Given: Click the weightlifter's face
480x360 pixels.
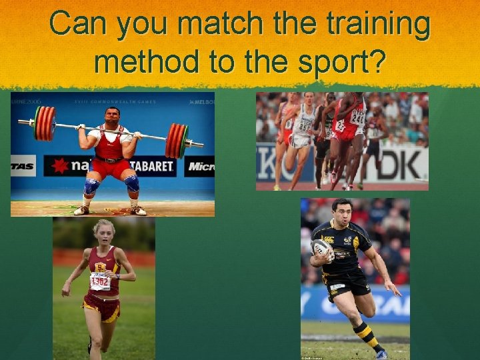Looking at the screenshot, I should coord(113,117).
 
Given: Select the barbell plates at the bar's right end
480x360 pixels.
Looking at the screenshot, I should coord(177,140).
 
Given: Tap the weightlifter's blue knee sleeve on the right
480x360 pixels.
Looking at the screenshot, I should coord(132,184).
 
